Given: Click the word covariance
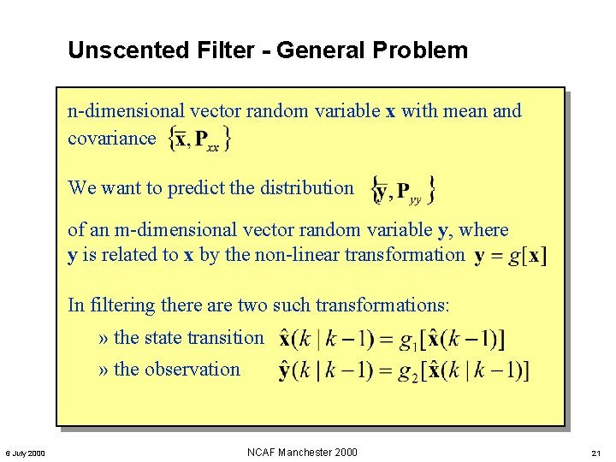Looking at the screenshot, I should click(112, 139).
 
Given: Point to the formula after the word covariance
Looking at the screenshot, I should click(200, 139).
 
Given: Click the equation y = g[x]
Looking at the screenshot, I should click(511, 255).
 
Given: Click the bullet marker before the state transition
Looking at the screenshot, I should click(104, 339).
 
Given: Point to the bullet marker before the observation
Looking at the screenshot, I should click(104, 370).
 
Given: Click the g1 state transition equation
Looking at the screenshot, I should click(391, 339).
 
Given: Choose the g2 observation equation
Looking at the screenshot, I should click(403, 371).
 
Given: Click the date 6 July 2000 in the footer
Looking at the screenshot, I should click(25, 453).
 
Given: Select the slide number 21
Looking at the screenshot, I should click(597, 453).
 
